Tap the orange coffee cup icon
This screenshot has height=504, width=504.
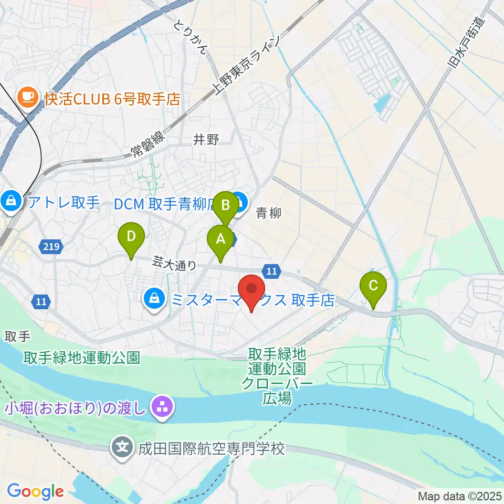tap(27, 97)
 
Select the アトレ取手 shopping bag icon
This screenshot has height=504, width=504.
tap(10, 200)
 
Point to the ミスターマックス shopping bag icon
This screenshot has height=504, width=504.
tap(154, 300)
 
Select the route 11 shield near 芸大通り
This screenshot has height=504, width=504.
tap(271, 271)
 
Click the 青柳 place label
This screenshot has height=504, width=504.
tap(269, 213)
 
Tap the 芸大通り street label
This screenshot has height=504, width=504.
tap(174, 262)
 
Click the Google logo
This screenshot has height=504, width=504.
tap(35, 491)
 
